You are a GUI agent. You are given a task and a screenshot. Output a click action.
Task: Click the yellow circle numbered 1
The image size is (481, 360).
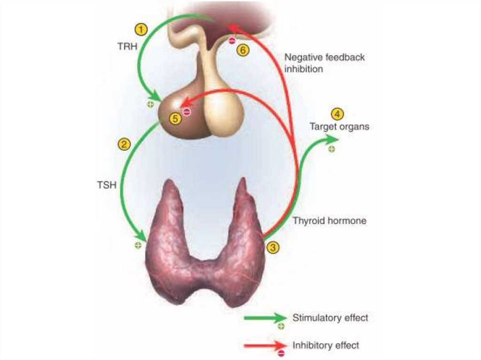(141, 30)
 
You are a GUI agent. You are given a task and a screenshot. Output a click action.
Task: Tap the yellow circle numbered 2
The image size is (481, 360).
(124, 144)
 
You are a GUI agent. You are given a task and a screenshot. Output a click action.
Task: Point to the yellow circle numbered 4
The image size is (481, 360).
(337, 114)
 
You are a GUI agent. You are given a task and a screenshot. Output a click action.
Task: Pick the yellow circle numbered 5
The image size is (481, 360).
(175, 119)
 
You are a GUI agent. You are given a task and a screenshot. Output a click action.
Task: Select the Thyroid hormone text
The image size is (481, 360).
(329, 220)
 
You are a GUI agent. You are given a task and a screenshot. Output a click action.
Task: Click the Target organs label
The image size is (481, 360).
(339, 127)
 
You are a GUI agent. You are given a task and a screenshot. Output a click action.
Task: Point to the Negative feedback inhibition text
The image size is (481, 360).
(324, 63)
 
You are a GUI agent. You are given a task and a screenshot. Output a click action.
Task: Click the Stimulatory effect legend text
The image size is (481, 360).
(330, 318)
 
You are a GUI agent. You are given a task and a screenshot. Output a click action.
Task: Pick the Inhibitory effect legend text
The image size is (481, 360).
(326, 345)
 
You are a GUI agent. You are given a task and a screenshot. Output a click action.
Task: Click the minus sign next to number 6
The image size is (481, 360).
(232, 41)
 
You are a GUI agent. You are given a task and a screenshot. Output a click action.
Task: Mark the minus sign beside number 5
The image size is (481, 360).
(187, 112)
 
